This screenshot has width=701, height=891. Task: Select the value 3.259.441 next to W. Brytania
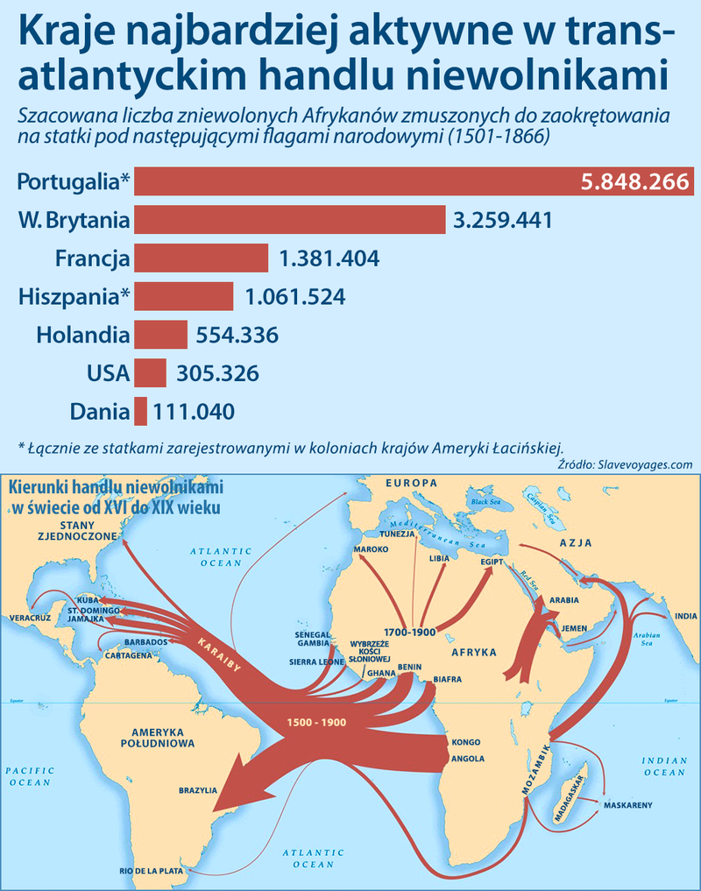[503, 219]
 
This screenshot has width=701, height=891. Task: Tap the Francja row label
[92, 258]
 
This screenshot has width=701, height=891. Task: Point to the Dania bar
[140, 410]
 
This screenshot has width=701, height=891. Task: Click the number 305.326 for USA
[218, 373]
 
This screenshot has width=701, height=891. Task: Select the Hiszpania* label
[74, 296]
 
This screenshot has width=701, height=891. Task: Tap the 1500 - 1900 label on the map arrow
[316, 723]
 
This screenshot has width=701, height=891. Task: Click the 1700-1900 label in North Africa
[410, 631]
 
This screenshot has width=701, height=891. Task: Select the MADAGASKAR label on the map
[569, 793]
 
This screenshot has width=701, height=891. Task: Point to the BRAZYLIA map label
[197, 789]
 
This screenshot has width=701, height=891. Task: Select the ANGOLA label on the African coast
[468, 758]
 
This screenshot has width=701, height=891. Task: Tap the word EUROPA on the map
[411, 483]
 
